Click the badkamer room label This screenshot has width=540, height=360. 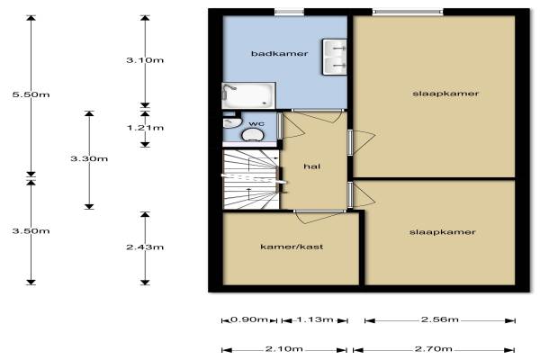coord(279,53)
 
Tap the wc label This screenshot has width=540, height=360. coord(256,123)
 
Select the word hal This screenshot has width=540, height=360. coord(312,166)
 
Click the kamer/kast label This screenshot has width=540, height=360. coord(292,247)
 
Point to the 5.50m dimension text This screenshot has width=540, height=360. coord(31,94)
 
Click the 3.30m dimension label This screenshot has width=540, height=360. coord(89,158)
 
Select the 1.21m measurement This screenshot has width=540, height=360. coord(145,128)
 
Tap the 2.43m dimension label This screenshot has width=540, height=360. coord(145,247)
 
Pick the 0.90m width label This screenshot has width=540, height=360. coord(248,319)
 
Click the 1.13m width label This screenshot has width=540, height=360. coord(315,319)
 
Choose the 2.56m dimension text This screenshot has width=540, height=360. coord(440,319)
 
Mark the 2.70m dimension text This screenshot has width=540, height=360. coord(434,349)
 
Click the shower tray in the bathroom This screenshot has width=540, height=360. coord(248,95)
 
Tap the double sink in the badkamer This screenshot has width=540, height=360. coord(335,57)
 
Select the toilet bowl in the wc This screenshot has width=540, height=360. coord(252,135)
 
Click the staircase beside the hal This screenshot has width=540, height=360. coord(251,179)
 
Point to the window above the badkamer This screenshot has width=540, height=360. coord(289,13)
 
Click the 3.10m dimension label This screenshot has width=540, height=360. coord(145,60)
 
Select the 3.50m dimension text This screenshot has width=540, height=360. coord(31,230)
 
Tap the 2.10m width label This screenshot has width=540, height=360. coord(284,349)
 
